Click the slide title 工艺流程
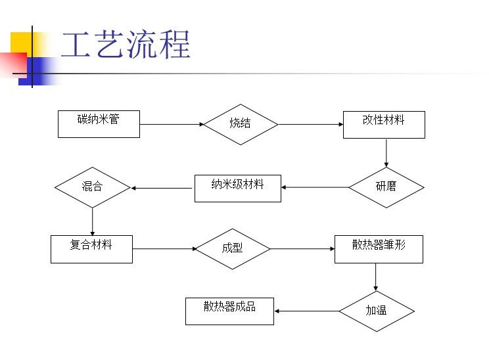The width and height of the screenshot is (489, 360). click(x=126, y=45)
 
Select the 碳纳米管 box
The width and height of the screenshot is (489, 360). click(x=99, y=124)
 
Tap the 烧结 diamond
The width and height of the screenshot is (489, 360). click(x=240, y=124)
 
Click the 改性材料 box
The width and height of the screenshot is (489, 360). click(x=384, y=124)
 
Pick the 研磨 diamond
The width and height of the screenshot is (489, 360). click(x=386, y=187)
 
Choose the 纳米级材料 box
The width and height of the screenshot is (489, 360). click(x=237, y=188)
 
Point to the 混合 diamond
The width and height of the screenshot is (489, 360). click(x=92, y=188)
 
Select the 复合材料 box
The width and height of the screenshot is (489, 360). click(x=91, y=249)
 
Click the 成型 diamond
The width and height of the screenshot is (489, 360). click(x=232, y=249)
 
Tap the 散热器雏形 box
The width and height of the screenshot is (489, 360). click(x=379, y=249)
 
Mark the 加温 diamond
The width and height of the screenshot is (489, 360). click(x=376, y=311)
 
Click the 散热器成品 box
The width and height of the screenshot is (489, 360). click(x=229, y=311)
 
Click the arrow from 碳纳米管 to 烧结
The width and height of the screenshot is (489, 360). click(x=172, y=124)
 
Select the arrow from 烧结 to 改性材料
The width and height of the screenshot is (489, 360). click(x=310, y=124)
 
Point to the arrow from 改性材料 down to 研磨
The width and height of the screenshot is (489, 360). click(x=386, y=152)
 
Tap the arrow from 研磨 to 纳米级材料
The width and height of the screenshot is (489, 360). click(x=315, y=188)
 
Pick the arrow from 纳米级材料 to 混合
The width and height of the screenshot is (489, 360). click(x=162, y=189)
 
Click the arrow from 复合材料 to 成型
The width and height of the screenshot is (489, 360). click(x=164, y=249)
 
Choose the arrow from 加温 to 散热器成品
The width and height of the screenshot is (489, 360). click(x=306, y=311)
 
